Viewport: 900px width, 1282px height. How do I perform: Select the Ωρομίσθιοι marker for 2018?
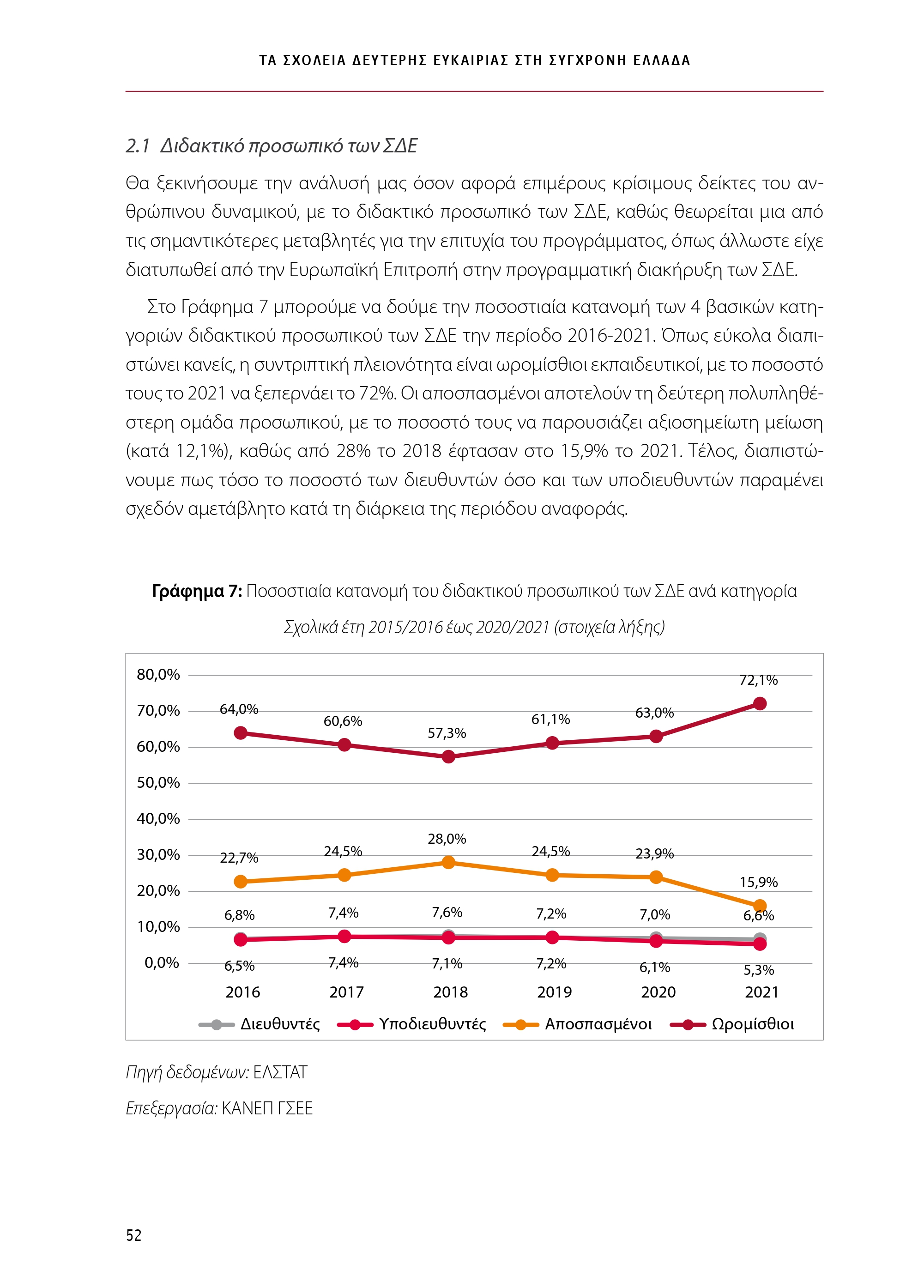448,756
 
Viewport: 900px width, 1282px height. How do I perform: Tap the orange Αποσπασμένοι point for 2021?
759,890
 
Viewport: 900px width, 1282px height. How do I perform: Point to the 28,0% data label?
447,839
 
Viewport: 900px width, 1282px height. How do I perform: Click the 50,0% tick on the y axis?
158,783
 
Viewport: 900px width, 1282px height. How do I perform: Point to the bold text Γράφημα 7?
197,591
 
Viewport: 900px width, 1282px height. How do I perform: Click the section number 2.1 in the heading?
137,146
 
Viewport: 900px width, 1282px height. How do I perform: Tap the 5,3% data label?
758,970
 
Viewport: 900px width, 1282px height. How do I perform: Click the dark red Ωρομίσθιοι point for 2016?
241,732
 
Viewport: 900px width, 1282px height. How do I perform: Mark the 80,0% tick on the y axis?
158,675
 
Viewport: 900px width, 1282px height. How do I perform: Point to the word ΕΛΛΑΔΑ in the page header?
662,60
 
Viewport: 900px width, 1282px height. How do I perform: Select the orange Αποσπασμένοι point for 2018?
448,863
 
